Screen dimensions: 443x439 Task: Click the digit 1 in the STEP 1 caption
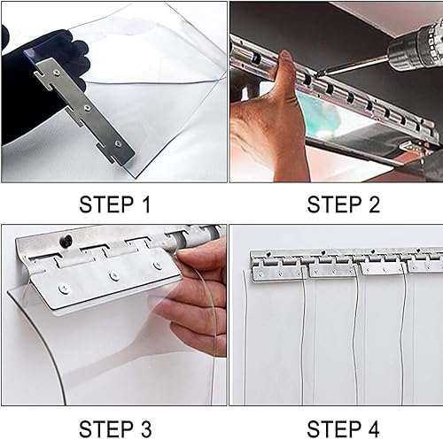click(146, 204)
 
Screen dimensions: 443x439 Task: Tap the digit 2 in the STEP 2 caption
click(374, 204)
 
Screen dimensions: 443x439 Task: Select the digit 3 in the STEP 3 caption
click(146, 428)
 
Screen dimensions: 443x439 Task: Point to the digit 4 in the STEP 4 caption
click(373, 428)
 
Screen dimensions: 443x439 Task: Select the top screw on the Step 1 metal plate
click(57, 71)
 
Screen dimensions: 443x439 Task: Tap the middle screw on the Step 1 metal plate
click(87, 108)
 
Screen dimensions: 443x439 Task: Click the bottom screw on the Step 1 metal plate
click(118, 143)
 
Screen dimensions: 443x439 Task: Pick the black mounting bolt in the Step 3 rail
click(68, 239)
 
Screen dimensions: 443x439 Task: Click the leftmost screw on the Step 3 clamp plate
click(63, 288)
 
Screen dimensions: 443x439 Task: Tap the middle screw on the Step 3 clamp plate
click(114, 275)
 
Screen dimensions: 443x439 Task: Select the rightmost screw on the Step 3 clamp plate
click(158, 266)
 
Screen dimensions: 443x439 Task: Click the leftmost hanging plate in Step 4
click(276, 273)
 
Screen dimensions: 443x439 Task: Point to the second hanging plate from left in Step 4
click(332, 270)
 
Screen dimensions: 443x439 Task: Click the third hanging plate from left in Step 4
click(383, 269)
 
